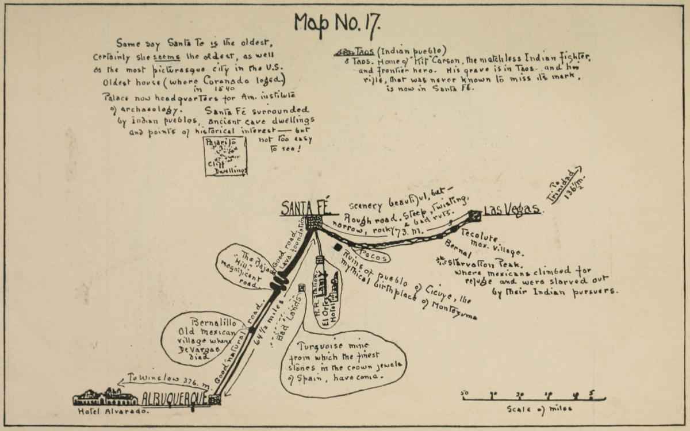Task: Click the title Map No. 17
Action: pos(337,25)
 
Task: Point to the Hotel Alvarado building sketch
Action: pos(105,397)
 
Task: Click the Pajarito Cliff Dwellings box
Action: pos(225,156)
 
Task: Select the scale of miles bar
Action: pos(534,397)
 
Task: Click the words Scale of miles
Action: pos(539,409)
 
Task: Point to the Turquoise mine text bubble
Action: pos(343,363)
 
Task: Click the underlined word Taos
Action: pos(363,51)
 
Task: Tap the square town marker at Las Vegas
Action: pos(475,215)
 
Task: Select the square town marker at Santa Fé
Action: pos(313,222)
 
